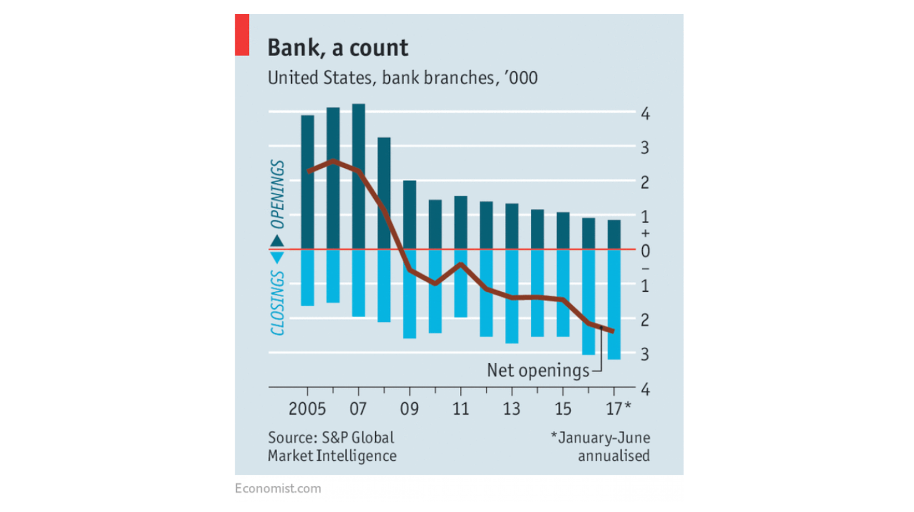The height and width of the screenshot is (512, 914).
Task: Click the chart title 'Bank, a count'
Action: click(338, 48)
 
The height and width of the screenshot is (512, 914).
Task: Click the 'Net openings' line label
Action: click(538, 370)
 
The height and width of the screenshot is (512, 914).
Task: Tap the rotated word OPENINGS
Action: click(278, 194)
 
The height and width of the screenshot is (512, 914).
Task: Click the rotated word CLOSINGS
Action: click(278, 303)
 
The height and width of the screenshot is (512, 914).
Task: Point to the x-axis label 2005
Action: click(307, 409)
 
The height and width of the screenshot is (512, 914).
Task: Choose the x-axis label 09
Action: click(410, 409)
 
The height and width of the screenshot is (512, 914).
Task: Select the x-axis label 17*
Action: click(618, 409)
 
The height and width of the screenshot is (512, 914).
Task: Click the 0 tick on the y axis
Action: click(645, 251)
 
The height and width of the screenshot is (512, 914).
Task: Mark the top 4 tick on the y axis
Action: click(645, 114)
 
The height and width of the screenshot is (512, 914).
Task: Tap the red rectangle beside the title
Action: click(242, 35)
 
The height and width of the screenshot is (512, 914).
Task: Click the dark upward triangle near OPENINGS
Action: click(277, 241)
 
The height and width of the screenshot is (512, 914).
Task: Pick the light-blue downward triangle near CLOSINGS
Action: click(277, 257)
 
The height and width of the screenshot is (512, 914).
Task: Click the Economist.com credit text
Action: click(278, 489)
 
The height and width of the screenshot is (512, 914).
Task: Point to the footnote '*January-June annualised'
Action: click(601, 447)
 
